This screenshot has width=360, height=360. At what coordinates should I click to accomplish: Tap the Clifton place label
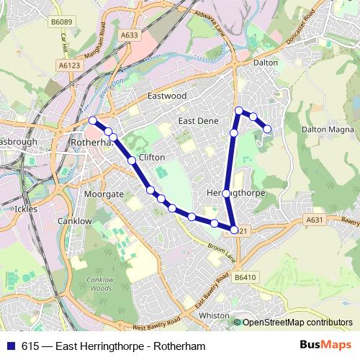(x=150, y=157)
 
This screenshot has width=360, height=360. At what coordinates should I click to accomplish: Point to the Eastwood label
(x=166, y=96)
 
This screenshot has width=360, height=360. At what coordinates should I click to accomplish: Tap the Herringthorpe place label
(x=237, y=194)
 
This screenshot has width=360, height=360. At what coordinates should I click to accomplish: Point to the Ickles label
(x=25, y=209)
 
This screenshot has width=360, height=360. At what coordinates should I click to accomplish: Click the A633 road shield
(x=130, y=35)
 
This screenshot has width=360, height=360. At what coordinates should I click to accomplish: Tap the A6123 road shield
(x=68, y=64)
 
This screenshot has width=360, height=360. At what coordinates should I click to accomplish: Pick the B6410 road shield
(x=245, y=277)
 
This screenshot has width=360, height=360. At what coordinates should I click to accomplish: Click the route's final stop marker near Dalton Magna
(x=268, y=129)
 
